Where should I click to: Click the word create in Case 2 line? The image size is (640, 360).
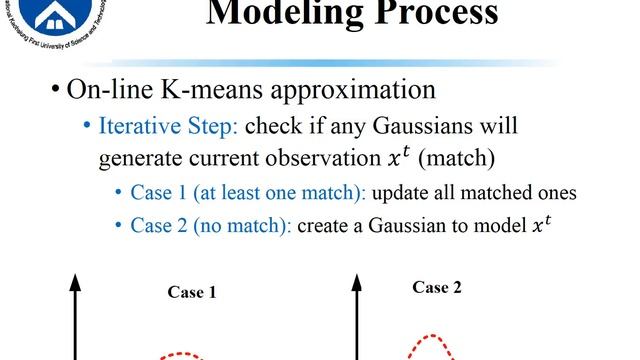tap(326, 226)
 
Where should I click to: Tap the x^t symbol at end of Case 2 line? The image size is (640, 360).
tap(540, 225)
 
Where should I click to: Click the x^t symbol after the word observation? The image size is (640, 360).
tap(389, 156)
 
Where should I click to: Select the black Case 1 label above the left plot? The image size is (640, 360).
tap(192, 293)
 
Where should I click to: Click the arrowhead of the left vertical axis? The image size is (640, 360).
tap(75, 283)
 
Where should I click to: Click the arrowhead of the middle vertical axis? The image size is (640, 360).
tap(356, 283)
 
